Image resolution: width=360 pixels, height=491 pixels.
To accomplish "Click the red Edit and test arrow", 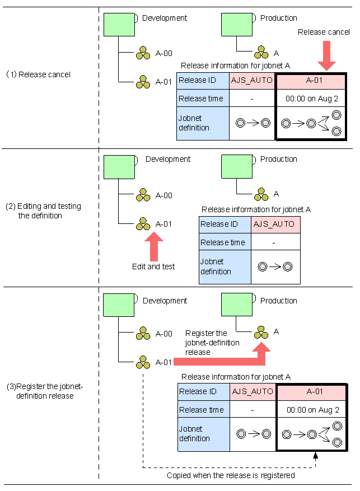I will [x=153, y=247].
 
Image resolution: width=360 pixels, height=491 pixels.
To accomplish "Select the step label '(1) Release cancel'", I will [x=39, y=74].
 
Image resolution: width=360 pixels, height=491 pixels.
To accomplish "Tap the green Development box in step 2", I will [x=119, y=166].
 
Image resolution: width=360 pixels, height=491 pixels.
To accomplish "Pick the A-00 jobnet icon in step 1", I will [x=143, y=54].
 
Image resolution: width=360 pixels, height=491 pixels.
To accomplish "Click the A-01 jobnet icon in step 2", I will [x=143, y=224].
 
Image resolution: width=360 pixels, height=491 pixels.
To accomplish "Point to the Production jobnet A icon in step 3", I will [x=261, y=331].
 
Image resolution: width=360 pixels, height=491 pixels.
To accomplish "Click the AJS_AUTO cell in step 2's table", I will [x=274, y=225].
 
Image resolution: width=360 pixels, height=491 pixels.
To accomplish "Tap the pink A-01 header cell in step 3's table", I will [x=312, y=392].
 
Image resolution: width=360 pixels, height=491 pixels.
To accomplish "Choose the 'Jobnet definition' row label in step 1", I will [x=202, y=123].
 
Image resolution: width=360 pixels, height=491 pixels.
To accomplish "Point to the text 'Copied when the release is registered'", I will [x=231, y=475].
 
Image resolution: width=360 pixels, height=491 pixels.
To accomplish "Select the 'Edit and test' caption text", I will [x=153, y=267].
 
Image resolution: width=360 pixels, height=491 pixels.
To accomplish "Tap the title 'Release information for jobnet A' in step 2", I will [x=256, y=209].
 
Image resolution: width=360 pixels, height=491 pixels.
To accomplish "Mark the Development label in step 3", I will [x=165, y=301].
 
